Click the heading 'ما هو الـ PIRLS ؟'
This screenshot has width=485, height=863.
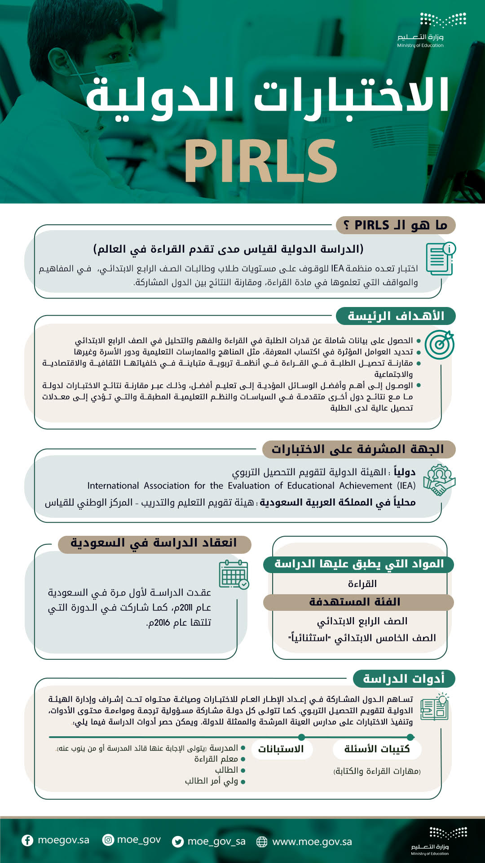coord(396,225)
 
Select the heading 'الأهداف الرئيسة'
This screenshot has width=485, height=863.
coord(396,316)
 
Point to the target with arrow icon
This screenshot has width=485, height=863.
coord(439,345)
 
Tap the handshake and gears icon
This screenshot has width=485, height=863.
coord(439,480)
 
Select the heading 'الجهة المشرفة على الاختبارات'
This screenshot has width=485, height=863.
coord(358,449)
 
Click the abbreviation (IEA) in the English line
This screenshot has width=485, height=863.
coord(406,485)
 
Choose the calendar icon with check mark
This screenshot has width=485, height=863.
coord(234,574)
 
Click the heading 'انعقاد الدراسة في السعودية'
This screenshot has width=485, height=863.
coord(154,543)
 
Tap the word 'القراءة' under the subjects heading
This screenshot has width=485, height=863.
coord(362,583)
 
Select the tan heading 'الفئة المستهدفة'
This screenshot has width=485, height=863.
coord(355,602)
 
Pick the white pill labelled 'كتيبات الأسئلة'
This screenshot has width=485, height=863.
coord(377,749)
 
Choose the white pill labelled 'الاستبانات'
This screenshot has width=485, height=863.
coord(281,749)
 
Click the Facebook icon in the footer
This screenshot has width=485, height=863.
coord(27,840)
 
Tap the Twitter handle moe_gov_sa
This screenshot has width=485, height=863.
coord(216,841)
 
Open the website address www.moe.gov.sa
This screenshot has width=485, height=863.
coord(312,841)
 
